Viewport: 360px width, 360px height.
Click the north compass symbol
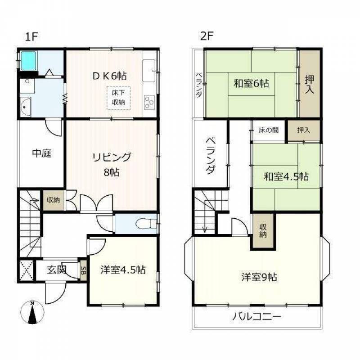(32, 312)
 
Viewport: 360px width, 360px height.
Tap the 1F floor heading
(31, 36)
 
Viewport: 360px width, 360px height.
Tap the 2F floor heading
(207, 36)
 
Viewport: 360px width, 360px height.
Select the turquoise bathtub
(28, 61)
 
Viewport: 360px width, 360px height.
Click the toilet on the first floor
(146, 224)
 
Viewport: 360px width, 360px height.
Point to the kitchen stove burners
(149, 102)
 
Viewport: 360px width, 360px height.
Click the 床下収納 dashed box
(118, 98)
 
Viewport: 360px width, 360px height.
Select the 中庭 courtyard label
(41, 153)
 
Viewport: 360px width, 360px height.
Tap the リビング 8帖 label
(112, 164)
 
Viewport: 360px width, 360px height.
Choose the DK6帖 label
(110, 76)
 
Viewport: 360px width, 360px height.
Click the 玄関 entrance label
(57, 270)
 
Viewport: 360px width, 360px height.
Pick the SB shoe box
(84, 270)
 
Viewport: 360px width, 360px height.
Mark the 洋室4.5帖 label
(123, 270)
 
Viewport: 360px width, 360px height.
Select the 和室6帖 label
(251, 83)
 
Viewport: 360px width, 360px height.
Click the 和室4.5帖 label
(286, 176)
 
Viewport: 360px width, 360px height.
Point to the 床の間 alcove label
(269, 130)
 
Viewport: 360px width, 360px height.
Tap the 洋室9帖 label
(259, 277)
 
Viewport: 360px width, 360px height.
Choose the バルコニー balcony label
(256, 317)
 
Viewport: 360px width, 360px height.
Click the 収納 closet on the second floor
(263, 231)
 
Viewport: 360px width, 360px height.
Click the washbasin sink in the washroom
(26, 107)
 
